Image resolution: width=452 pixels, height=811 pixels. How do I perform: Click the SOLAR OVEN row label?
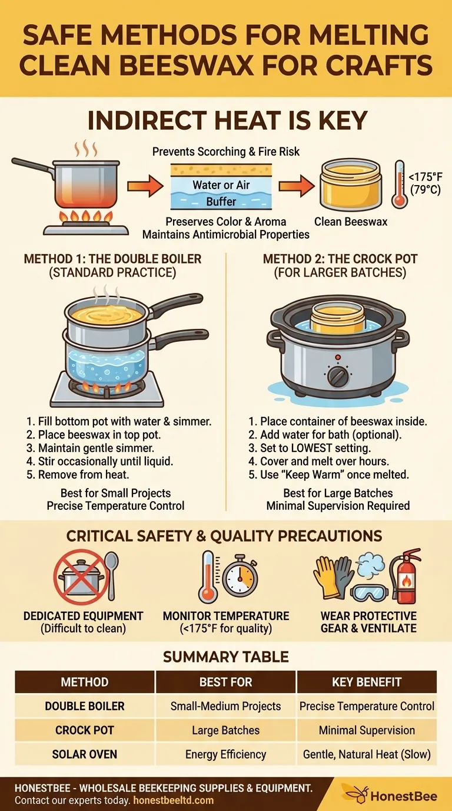(85, 754)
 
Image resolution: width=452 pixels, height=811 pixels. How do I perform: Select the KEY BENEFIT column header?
(367, 682)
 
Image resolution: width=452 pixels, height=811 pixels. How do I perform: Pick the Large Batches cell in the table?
(225, 730)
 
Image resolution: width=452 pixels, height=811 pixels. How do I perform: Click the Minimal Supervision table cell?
(367, 730)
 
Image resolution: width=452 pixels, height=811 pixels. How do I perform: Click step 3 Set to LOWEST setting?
(315, 449)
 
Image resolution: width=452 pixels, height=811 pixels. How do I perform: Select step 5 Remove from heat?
(79, 474)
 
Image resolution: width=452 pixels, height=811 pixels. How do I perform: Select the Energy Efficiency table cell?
(225, 754)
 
